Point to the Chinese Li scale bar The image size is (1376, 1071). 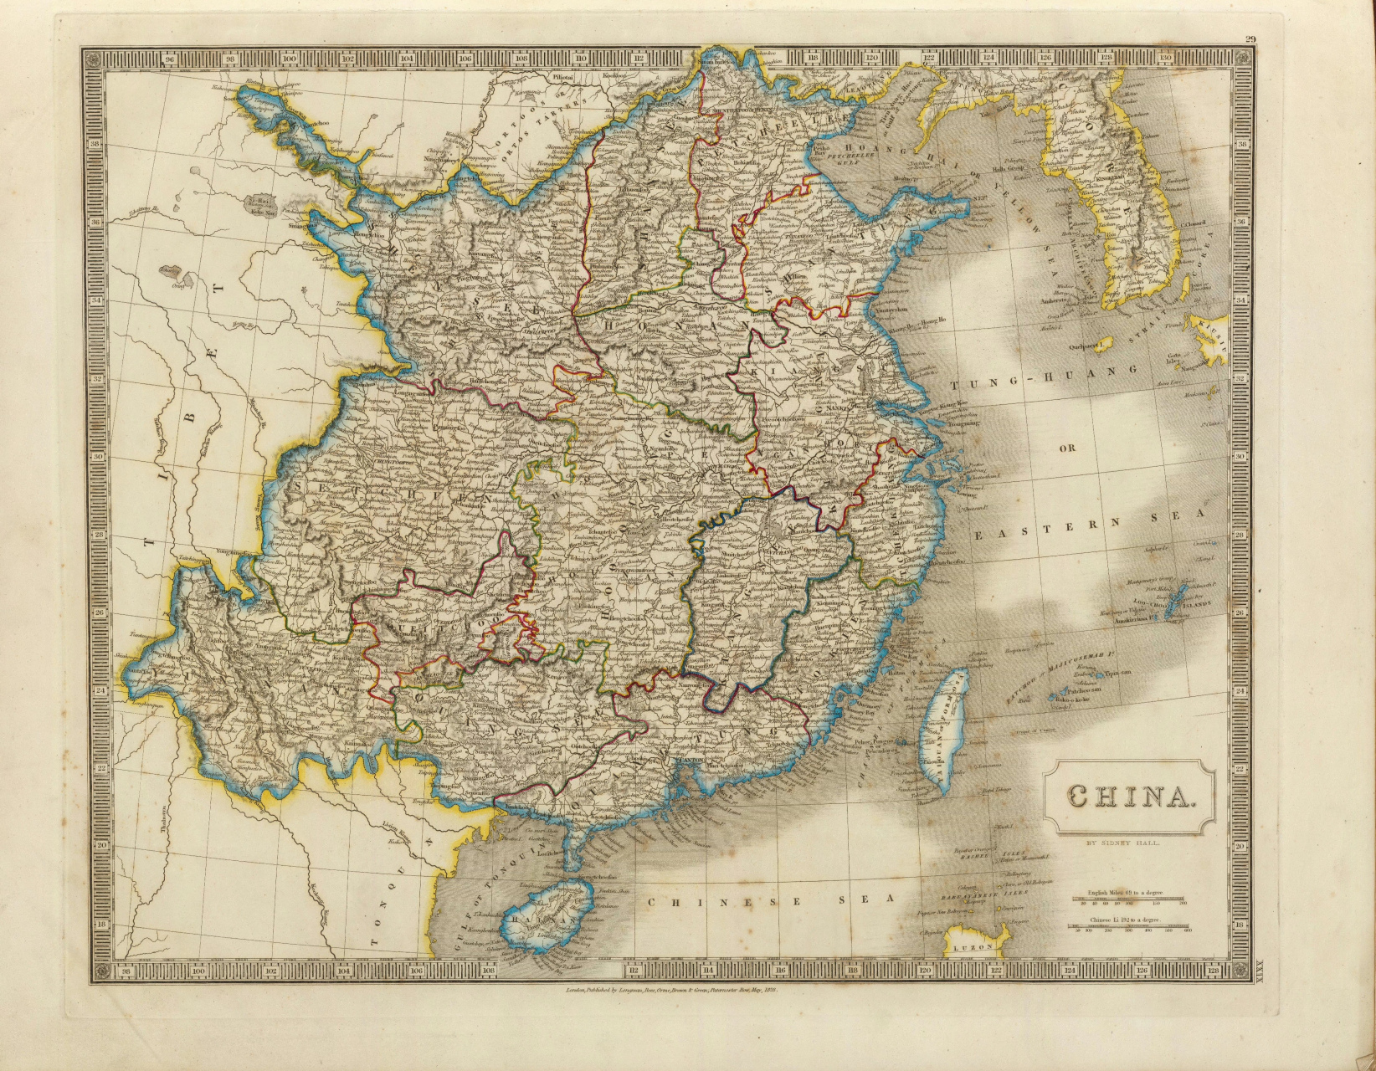pos(1131,926)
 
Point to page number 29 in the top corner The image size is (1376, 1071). pos(1250,38)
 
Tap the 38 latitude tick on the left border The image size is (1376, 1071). pos(95,143)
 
